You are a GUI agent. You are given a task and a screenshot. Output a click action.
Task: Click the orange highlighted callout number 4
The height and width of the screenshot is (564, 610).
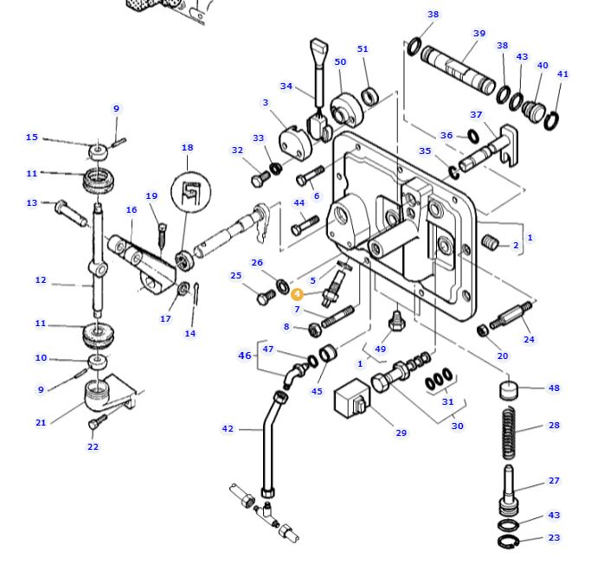coord(298,294)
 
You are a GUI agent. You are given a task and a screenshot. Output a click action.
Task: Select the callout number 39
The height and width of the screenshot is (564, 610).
coord(479,34)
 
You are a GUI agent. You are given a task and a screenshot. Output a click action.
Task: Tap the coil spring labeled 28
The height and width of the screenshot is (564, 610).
coord(510,433)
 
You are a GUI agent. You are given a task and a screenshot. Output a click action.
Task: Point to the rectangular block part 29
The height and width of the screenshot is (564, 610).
coord(352,398)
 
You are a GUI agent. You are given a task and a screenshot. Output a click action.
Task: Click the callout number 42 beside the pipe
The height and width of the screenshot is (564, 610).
coord(228,429)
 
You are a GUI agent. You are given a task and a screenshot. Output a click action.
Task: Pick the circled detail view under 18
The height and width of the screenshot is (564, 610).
coord(190,192)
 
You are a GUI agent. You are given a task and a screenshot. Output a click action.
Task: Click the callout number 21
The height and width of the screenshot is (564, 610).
coord(41,422)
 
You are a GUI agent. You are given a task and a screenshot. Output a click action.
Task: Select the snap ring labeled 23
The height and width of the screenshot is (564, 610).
coord(509,541)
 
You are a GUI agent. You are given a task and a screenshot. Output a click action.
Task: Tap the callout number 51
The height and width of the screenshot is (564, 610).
coord(363,49)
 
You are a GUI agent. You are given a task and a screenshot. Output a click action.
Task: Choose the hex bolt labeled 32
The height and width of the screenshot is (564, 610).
coord(261,179)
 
